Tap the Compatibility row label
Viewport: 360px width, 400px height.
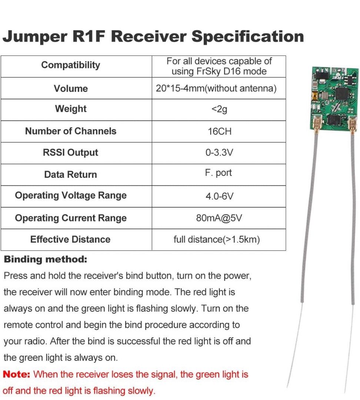70,65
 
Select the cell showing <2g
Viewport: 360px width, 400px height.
219,110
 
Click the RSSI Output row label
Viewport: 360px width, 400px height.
70,153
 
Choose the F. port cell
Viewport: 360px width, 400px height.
219,173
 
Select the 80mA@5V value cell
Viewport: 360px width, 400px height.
219,218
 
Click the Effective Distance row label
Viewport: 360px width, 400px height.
70,239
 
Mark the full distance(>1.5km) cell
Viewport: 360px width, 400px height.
217,239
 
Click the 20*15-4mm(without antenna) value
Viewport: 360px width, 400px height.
216,89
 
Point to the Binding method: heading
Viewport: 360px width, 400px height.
46,259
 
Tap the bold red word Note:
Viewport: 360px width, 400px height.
17,374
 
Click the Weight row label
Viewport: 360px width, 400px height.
70,109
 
